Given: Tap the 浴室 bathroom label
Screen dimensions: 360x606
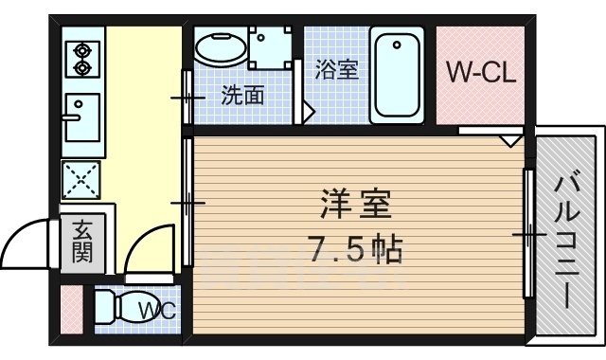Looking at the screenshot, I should pos(337,70).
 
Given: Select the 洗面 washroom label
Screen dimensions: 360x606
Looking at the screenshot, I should pos(242,96).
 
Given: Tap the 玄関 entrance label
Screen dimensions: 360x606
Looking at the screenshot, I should pos(81,243).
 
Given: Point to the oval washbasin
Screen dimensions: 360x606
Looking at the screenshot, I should pos(221,48).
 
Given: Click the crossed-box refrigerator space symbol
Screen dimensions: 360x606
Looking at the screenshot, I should pos(81,179).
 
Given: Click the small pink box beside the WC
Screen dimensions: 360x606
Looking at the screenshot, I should pos(71,308).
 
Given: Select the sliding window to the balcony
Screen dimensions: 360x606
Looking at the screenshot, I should pos(526,233).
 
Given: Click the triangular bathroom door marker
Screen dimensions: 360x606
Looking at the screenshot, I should pos(308,110).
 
